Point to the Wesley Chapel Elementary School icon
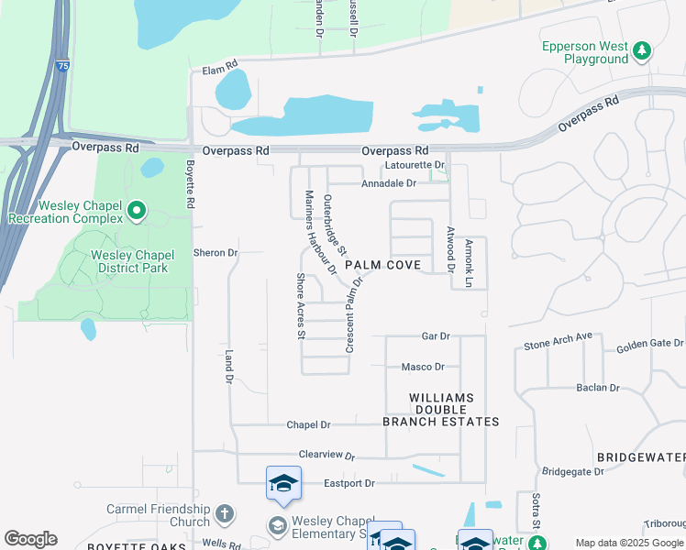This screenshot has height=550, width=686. click(x=276, y=525)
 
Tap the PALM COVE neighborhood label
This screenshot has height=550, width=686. click(x=383, y=265)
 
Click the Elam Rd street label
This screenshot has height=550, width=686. click(x=220, y=67)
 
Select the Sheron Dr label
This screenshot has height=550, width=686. click(x=216, y=252)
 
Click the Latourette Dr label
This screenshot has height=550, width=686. click(x=415, y=165)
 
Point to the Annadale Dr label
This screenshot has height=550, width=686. click(x=389, y=183)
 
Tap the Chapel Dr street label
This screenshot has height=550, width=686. click(x=308, y=424)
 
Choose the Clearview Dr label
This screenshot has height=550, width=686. click(x=326, y=455)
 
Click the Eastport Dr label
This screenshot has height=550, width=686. click(x=349, y=483)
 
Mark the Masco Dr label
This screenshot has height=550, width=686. click(x=423, y=367)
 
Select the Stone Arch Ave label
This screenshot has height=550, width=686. click(x=559, y=344)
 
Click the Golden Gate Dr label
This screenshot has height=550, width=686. click(x=650, y=345)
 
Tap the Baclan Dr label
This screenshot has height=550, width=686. click(x=598, y=388)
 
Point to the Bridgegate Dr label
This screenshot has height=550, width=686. click(x=573, y=471)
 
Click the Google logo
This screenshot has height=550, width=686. click(x=30, y=540)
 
